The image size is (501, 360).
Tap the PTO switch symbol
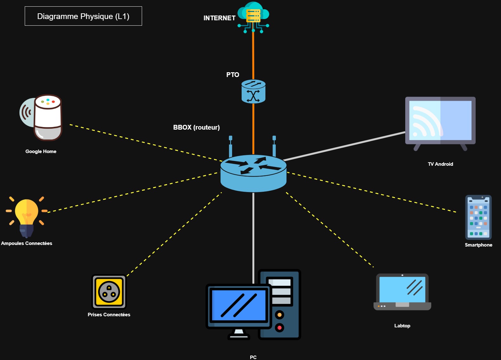(253, 92)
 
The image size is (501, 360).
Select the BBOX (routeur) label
(196, 127)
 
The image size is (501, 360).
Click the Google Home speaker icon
(44, 117)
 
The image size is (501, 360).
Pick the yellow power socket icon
(109, 292)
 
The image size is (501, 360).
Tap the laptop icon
(402, 292)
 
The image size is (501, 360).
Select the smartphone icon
(478, 217)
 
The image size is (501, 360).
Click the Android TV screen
(440, 121)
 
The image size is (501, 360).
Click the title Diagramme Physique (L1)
(83, 16)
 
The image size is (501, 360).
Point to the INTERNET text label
(219, 18)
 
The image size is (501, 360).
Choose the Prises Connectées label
(109, 315)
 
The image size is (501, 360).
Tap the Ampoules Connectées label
(27, 243)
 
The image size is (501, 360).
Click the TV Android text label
(440, 164)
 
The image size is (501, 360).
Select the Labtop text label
(402, 326)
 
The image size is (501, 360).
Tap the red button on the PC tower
(279, 327)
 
